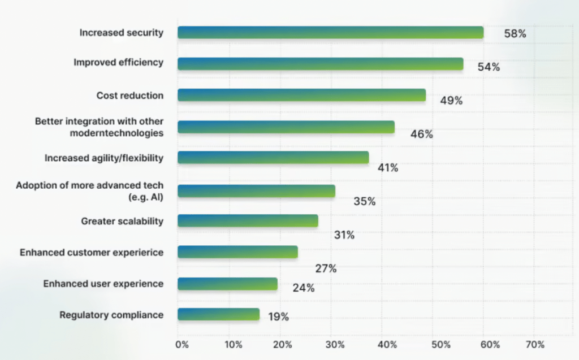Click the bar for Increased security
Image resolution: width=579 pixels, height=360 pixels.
pyautogui.click(x=330, y=32)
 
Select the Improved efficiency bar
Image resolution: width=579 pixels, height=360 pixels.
pyautogui.click(x=320, y=64)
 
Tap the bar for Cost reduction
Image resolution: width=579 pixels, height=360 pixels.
pyautogui.click(x=301, y=95)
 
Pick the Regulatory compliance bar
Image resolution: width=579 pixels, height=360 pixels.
pyautogui.click(x=218, y=314)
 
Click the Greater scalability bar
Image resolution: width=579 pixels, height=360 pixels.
pyautogui.click(x=248, y=220)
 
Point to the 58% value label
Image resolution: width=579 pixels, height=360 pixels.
pyautogui.click(x=515, y=34)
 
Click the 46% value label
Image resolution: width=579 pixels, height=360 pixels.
pyautogui.click(x=421, y=135)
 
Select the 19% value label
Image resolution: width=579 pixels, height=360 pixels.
pyautogui.click(x=278, y=317)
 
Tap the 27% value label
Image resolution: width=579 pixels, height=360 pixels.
pyautogui.click(x=326, y=269)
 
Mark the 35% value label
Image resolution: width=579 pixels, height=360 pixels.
pyautogui.click(x=364, y=201)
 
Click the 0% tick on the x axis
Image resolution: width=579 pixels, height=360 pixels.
pyautogui.click(x=182, y=344)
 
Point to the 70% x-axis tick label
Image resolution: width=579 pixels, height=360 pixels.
pyautogui.click(x=534, y=344)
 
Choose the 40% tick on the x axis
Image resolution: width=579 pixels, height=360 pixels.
pyautogui.click(x=386, y=344)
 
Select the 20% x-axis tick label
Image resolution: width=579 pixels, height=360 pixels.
pyautogui.click(x=284, y=344)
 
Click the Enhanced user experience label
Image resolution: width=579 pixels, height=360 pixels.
pyautogui.click(x=103, y=284)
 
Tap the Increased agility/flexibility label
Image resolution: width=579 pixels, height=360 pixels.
pyautogui.click(x=103, y=158)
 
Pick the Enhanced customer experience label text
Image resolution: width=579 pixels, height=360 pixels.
pyautogui.click(x=91, y=253)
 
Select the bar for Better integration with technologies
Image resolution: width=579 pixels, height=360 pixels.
pyautogui.click(x=286, y=127)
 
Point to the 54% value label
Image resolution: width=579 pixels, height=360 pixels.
pyautogui.click(x=489, y=67)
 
